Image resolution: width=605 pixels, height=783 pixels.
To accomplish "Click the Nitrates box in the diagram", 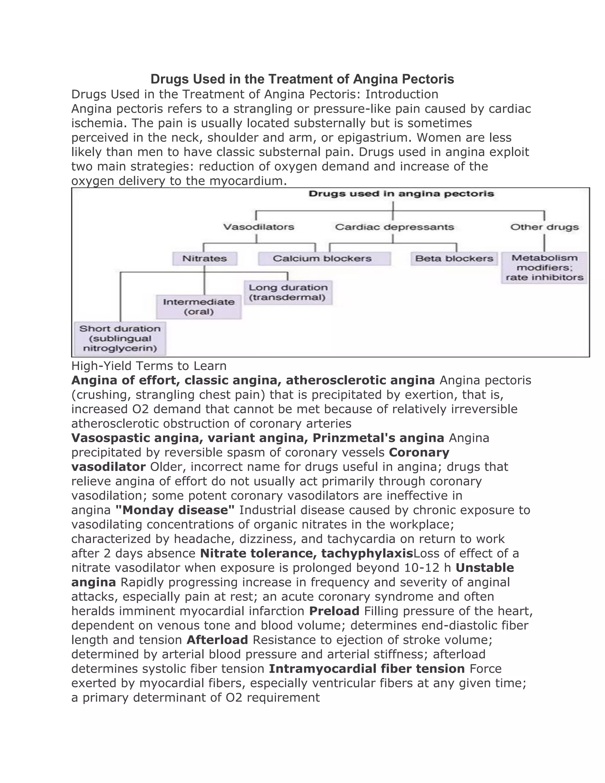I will tap(205, 259).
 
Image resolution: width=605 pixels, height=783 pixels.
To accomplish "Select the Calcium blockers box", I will tap(324, 259).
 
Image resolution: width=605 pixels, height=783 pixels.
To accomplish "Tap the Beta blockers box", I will tap(454, 259).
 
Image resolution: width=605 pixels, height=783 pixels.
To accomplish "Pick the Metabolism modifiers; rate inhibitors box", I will tap(544, 267).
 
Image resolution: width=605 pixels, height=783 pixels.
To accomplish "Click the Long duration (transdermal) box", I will tap(288, 292).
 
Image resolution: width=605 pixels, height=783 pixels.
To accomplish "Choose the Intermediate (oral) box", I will tap(199, 306).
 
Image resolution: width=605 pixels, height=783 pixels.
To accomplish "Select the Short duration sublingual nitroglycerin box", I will tap(120, 338).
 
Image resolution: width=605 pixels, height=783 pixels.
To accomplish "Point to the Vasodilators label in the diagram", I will tap(258, 227).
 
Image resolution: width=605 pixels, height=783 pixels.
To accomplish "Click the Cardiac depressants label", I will tap(394, 227).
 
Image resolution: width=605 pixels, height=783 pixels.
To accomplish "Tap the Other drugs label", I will tap(544, 227).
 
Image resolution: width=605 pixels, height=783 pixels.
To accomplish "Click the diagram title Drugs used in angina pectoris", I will tap(401, 194).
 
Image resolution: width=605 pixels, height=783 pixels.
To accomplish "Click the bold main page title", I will tap(302, 79).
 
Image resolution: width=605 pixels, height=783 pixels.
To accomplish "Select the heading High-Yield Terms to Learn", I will tap(149, 366).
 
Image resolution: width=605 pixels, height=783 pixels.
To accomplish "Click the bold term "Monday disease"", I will tap(175, 510).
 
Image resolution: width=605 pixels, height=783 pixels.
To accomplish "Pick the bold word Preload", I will tap(334, 610).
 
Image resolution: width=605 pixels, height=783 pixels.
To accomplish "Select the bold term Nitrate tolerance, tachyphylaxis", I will tap(306, 553).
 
